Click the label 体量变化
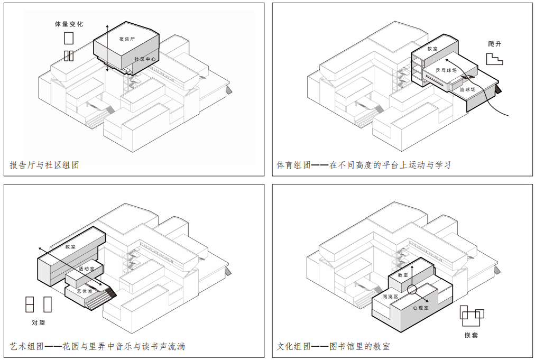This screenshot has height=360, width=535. pos(69,24)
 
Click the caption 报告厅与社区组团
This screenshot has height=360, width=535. pos(44,165)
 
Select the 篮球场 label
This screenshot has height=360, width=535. pos(467,89)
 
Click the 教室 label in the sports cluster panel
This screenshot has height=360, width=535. pos(432,49)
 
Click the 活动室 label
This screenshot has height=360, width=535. pos(86,269)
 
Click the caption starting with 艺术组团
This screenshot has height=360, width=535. pos(97,346)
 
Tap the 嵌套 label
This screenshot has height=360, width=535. pos(471,335)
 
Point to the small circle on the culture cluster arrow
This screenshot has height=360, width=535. pos(412,289)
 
